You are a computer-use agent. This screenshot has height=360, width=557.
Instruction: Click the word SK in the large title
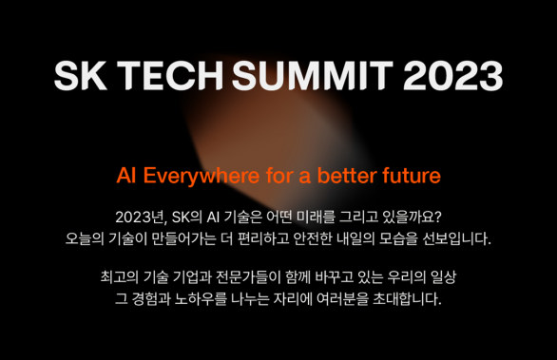79,75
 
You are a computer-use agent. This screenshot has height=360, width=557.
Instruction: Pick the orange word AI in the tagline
127,177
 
